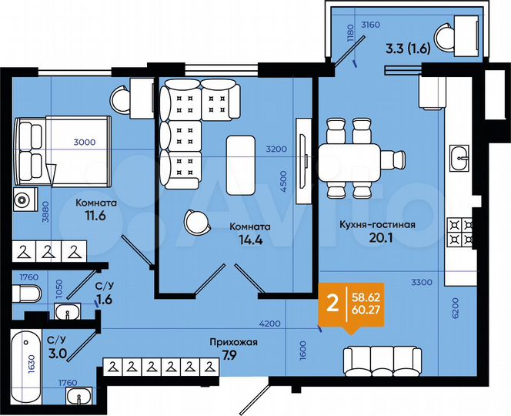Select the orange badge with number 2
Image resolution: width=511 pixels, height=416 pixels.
[332, 303]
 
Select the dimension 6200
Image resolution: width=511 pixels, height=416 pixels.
[456, 308]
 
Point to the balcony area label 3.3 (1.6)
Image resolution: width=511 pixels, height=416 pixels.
[412, 53]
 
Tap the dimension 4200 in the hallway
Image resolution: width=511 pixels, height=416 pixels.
[268, 324]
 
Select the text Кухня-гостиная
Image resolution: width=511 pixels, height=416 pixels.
[377, 224]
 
